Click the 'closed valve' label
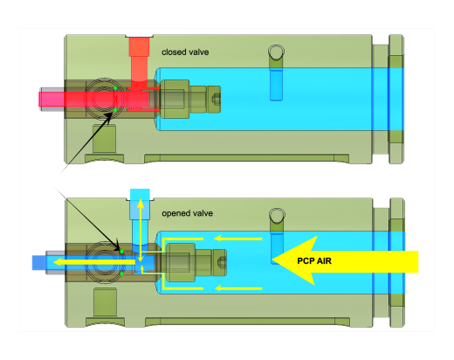pyautogui.click(x=185, y=52)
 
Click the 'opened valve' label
pyautogui.click(x=187, y=213)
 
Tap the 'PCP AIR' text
pyautogui.click(x=314, y=260)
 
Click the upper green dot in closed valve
pyautogui.click(x=115, y=88)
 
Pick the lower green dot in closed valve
pyautogui.click(x=115, y=110)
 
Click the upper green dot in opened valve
pyautogui.click(x=122, y=252)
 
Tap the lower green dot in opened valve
pyautogui.click(x=122, y=273)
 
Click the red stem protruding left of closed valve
pyautogui.click(x=52, y=99)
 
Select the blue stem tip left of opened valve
pyautogui.click(x=38, y=262)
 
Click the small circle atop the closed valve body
pyautogui.click(x=276, y=52)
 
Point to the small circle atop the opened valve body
pyautogui.click(x=277, y=216)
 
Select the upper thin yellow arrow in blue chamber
pyautogui.click(x=238, y=239)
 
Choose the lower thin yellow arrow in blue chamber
pyautogui.click(x=238, y=288)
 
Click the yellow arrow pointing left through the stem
pyautogui.click(x=94, y=262)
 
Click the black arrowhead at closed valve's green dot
pyautogui.click(x=108, y=117)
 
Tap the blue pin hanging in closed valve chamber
pyautogui.click(x=276, y=85)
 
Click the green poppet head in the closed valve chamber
pyautogui.click(x=175, y=99)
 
